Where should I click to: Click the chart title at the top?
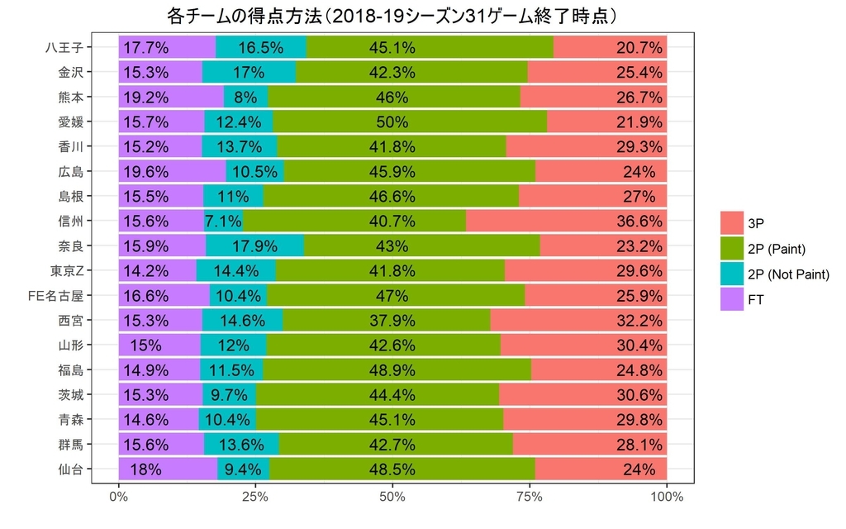click(x=392, y=16)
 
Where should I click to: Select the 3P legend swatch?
click(x=732, y=223)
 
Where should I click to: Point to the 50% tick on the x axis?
click(x=392, y=498)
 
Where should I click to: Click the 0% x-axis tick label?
click(x=118, y=498)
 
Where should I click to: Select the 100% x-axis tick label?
click(x=666, y=498)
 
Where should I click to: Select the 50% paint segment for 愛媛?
click(x=410, y=122)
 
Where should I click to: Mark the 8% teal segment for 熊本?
click(x=245, y=97)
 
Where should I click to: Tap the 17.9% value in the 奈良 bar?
click(x=254, y=245)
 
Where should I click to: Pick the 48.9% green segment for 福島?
click(x=397, y=369)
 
